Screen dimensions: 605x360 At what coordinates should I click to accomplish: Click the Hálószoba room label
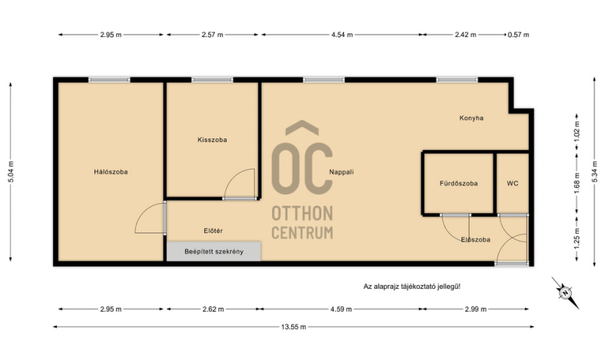[110, 172]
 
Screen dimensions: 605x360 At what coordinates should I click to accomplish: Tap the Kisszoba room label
[213, 140]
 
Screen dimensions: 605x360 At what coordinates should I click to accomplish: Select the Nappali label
[342, 172]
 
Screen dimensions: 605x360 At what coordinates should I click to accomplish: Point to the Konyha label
[471, 118]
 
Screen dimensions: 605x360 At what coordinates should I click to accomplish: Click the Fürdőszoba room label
[458, 184]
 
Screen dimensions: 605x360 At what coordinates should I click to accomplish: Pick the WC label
[513, 184]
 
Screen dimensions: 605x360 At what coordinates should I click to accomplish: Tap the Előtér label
[213, 231]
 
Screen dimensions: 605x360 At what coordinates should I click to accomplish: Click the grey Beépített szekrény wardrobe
[214, 252]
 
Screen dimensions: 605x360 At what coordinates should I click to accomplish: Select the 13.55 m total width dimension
[293, 327]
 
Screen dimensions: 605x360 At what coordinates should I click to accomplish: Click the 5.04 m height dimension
[11, 172]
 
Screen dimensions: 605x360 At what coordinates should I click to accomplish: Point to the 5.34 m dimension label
[594, 172]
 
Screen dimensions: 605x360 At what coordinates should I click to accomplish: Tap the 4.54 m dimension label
[342, 35]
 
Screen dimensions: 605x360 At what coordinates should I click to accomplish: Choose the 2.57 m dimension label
[213, 35]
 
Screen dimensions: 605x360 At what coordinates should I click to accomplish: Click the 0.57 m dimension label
[518, 35]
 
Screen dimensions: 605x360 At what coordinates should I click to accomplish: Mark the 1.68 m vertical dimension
[577, 183]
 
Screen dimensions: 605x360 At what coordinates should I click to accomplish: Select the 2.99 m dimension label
[476, 309]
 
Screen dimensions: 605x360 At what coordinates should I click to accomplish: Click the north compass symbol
[565, 293]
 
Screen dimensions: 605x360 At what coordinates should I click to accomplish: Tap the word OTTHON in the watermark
[302, 213]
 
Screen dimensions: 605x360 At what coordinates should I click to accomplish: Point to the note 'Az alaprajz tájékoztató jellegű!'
[411, 287]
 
